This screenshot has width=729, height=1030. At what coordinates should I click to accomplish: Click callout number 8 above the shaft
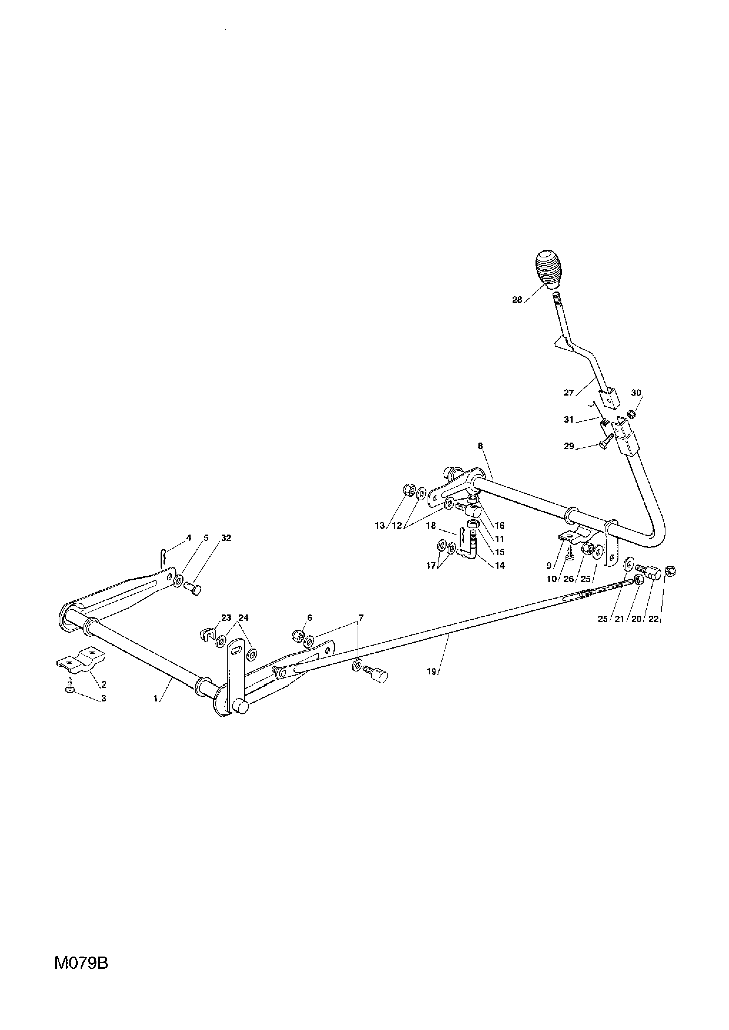(480, 446)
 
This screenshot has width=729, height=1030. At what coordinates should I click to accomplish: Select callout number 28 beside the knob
(517, 300)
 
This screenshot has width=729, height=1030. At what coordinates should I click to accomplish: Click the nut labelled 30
(631, 413)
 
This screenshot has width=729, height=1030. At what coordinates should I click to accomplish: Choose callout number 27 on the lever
(569, 393)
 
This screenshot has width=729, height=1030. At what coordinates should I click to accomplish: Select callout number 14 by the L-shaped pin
(500, 566)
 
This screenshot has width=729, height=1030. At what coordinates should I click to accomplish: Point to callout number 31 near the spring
(569, 420)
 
